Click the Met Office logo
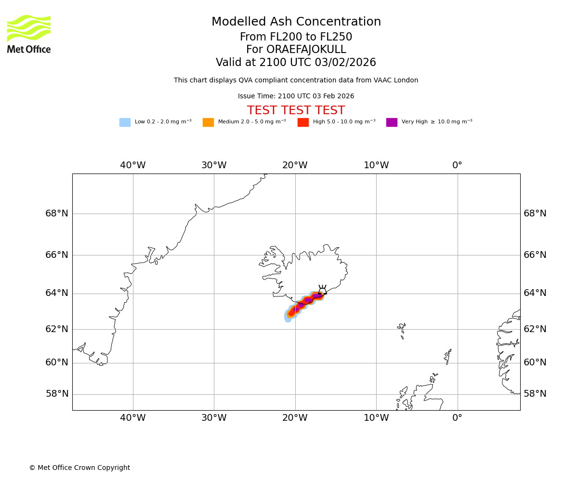(x=29, y=34)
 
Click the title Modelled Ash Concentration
(x=296, y=22)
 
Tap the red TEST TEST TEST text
(x=296, y=110)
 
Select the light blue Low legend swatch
(x=125, y=122)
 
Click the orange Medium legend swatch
(x=208, y=122)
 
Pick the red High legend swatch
(x=303, y=122)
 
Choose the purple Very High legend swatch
(x=392, y=122)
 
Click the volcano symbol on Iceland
(x=322, y=289)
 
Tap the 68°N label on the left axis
(x=57, y=214)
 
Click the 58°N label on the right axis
(x=535, y=394)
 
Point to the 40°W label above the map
(x=133, y=165)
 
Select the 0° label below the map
(x=457, y=418)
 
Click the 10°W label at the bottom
(x=376, y=418)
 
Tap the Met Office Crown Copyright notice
(x=79, y=468)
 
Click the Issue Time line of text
(x=296, y=96)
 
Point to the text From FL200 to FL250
(x=296, y=37)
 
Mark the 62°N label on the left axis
(x=57, y=329)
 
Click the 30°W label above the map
(x=214, y=165)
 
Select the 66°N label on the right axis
(x=535, y=255)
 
